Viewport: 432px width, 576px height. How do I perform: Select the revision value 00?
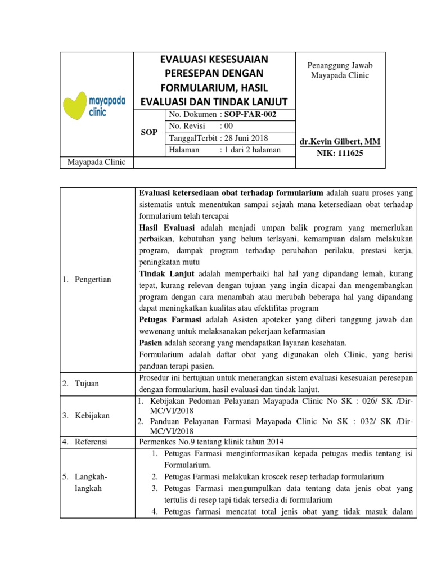point(226,126)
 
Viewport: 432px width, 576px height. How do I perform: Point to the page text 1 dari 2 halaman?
point(251,150)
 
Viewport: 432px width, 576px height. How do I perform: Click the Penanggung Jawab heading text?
point(340,66)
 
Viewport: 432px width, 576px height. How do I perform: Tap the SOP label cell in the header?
point(148,132)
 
